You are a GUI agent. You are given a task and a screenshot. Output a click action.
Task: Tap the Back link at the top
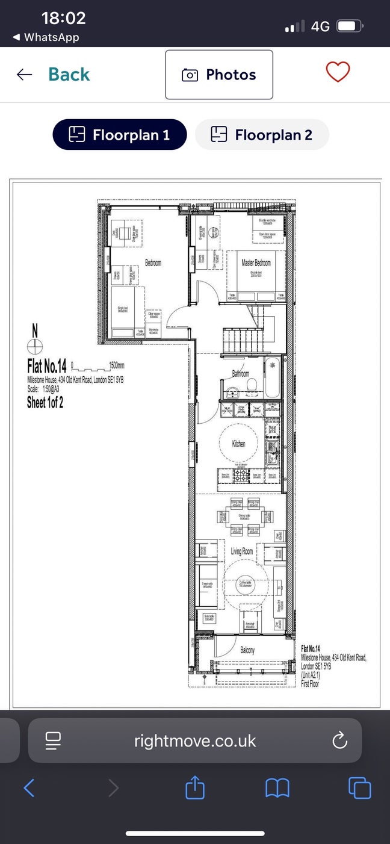coord(68,75)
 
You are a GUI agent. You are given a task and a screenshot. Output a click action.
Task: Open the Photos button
coord(219,75)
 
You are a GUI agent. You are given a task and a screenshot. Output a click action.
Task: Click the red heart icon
coord(338,72)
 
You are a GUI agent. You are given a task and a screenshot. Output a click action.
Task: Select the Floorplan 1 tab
coord(120,135)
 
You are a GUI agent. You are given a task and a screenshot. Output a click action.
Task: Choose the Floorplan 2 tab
coord(262,135)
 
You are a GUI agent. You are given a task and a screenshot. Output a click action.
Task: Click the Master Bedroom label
coord(256,263)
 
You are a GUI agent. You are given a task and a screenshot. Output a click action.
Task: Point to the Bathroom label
coord(241,374)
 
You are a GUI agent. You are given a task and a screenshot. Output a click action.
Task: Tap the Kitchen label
coord(239,444)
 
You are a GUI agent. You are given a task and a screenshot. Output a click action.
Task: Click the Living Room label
coord(243,551)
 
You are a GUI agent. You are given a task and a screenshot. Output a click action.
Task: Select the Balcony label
coord(247,650)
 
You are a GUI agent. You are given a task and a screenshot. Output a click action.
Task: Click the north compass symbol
coord(35,346)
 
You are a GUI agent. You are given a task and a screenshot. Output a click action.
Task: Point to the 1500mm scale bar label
coord(116,365)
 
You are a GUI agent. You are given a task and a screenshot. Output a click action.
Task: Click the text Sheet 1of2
coord(45,403)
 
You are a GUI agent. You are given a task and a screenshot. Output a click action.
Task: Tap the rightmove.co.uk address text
coord(195,740)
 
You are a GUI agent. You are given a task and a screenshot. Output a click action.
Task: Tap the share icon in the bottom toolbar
coord(195,787)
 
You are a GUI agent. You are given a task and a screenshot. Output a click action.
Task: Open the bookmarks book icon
coord(277,787)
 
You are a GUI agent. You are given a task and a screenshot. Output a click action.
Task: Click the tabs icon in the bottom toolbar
coord(359,787)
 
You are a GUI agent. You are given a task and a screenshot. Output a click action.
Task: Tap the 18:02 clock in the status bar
coord(64,18)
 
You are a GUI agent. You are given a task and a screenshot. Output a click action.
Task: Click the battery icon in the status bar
coord(348,26)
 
